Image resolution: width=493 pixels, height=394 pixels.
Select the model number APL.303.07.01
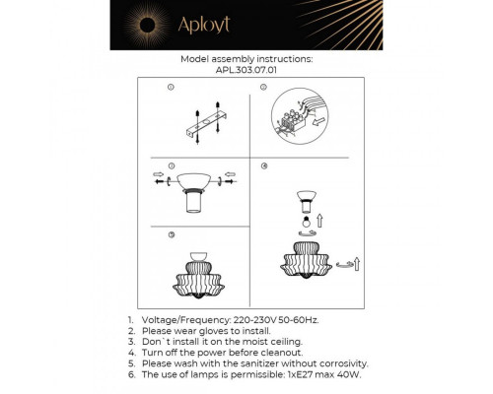[246, 71]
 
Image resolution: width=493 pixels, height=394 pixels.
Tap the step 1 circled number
[172, 89]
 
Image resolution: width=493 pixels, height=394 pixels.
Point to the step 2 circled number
[264, 89]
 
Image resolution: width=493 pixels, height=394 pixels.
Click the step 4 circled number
[264, 165]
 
